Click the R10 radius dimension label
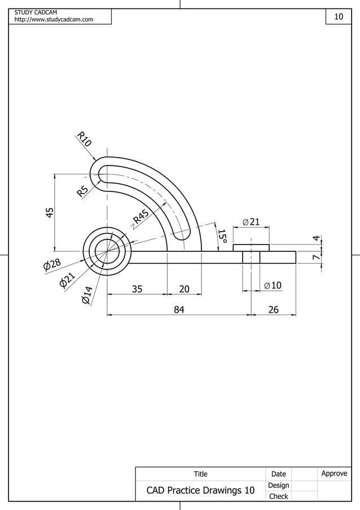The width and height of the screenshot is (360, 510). coord(84,139)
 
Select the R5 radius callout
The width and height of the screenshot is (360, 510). coord(83,191)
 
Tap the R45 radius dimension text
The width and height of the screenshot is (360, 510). coord(141,216)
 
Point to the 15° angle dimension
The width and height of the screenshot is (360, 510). coord(222,237)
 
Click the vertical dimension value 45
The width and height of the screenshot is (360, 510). coord(50,212)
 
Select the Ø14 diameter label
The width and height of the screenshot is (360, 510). coord(86,295)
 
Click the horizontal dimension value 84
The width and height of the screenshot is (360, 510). coord(179,309)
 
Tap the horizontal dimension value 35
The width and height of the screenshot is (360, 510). coord(137,289)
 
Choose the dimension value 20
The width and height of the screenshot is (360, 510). coord(184,289)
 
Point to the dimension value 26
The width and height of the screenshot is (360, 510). coord(273,309)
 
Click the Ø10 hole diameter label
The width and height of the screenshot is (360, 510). coord(273,286)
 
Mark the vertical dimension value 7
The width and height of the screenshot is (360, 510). coord(316,258)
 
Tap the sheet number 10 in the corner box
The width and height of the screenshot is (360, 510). coord(339,17)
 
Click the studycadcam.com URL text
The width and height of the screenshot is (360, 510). coord(54,20)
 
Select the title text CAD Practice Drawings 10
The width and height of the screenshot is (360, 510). coord(200,490)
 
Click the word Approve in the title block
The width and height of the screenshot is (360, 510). coord(334,473)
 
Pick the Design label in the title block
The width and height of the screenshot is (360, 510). coord(278,485)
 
